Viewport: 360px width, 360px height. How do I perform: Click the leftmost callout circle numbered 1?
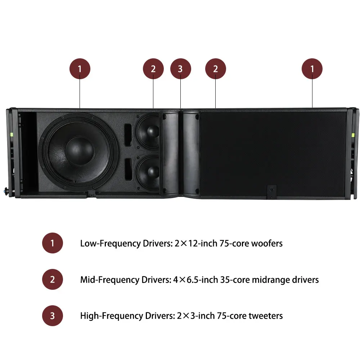tap(80, 69)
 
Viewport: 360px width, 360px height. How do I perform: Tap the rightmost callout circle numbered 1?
tap(312, 69)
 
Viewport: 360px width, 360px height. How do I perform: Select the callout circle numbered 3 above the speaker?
tap(180, 69)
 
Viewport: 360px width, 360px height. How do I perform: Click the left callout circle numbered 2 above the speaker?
tap(153, 69)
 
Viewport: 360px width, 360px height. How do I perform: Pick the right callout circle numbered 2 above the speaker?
tap(215, 69)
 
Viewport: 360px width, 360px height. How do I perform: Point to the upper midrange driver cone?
tap(148, 131)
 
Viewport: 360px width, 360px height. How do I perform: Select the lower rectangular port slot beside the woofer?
tap(128, 168)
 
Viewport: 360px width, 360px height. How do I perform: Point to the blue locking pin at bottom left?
tap(5, 190)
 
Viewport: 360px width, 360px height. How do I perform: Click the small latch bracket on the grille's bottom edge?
tap(271, 192)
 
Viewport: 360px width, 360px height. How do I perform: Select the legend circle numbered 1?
tap(52, 243)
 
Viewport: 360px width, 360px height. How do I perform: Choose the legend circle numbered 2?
tap(52, 279)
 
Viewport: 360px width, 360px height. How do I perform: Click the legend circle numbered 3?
tap(52, 315)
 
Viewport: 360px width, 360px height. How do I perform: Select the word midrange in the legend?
tap(271, 280)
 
